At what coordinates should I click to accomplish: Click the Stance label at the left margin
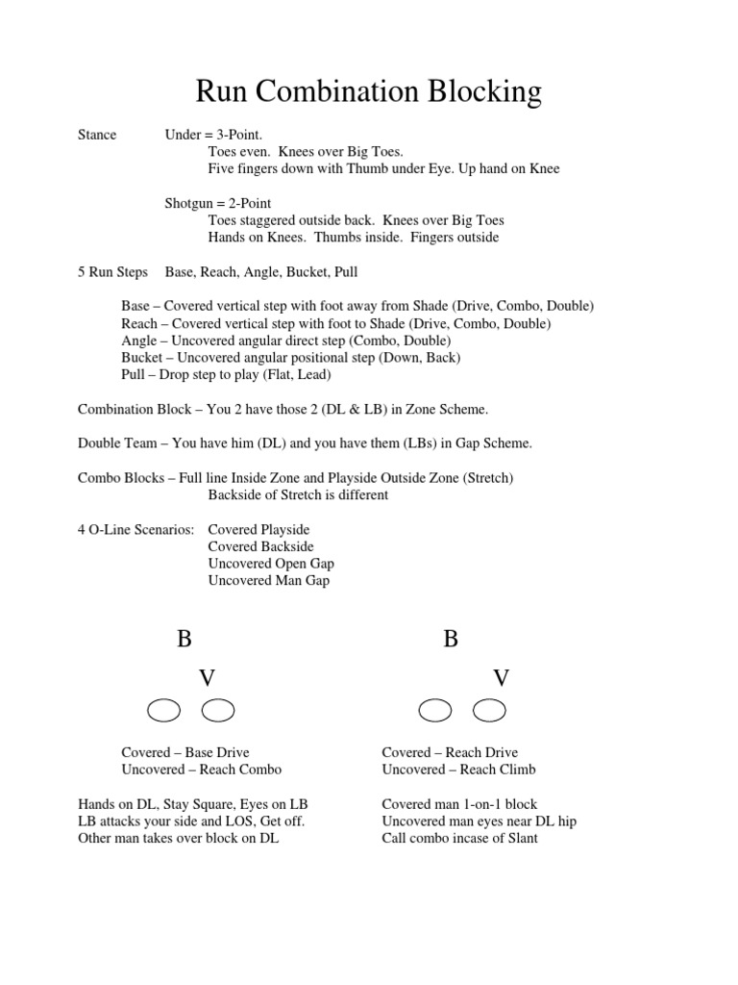97,135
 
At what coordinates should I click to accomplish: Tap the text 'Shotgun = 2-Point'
218,203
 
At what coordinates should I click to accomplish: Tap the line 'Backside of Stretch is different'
298,495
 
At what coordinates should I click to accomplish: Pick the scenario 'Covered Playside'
258,530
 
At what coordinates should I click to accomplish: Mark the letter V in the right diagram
501,678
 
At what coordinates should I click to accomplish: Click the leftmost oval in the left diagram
163,711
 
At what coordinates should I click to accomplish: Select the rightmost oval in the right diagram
490,711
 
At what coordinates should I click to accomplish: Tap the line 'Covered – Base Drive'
185,752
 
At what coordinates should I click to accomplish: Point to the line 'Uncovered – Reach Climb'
458,770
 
